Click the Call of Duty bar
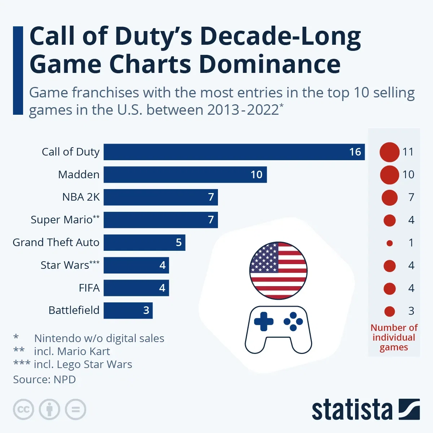pos(234,152)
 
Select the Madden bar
pos(185,175)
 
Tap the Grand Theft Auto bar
pos(144,242)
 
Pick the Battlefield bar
pos(128,310)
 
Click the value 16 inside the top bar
pos(355,152)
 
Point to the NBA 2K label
pos(81,197)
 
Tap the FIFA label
pos(89,288)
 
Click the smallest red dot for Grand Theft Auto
pos(389,243)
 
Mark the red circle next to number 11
pos(389,152)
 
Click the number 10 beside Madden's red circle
pos(408,175)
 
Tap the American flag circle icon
pos(278,271)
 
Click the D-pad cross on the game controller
pos(263,321)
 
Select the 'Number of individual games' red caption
pos(394,338)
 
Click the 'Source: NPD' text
pos(44,380)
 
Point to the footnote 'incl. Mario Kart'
pos(72,351)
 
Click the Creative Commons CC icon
pos(23,410)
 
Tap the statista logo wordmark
pos(352,410)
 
